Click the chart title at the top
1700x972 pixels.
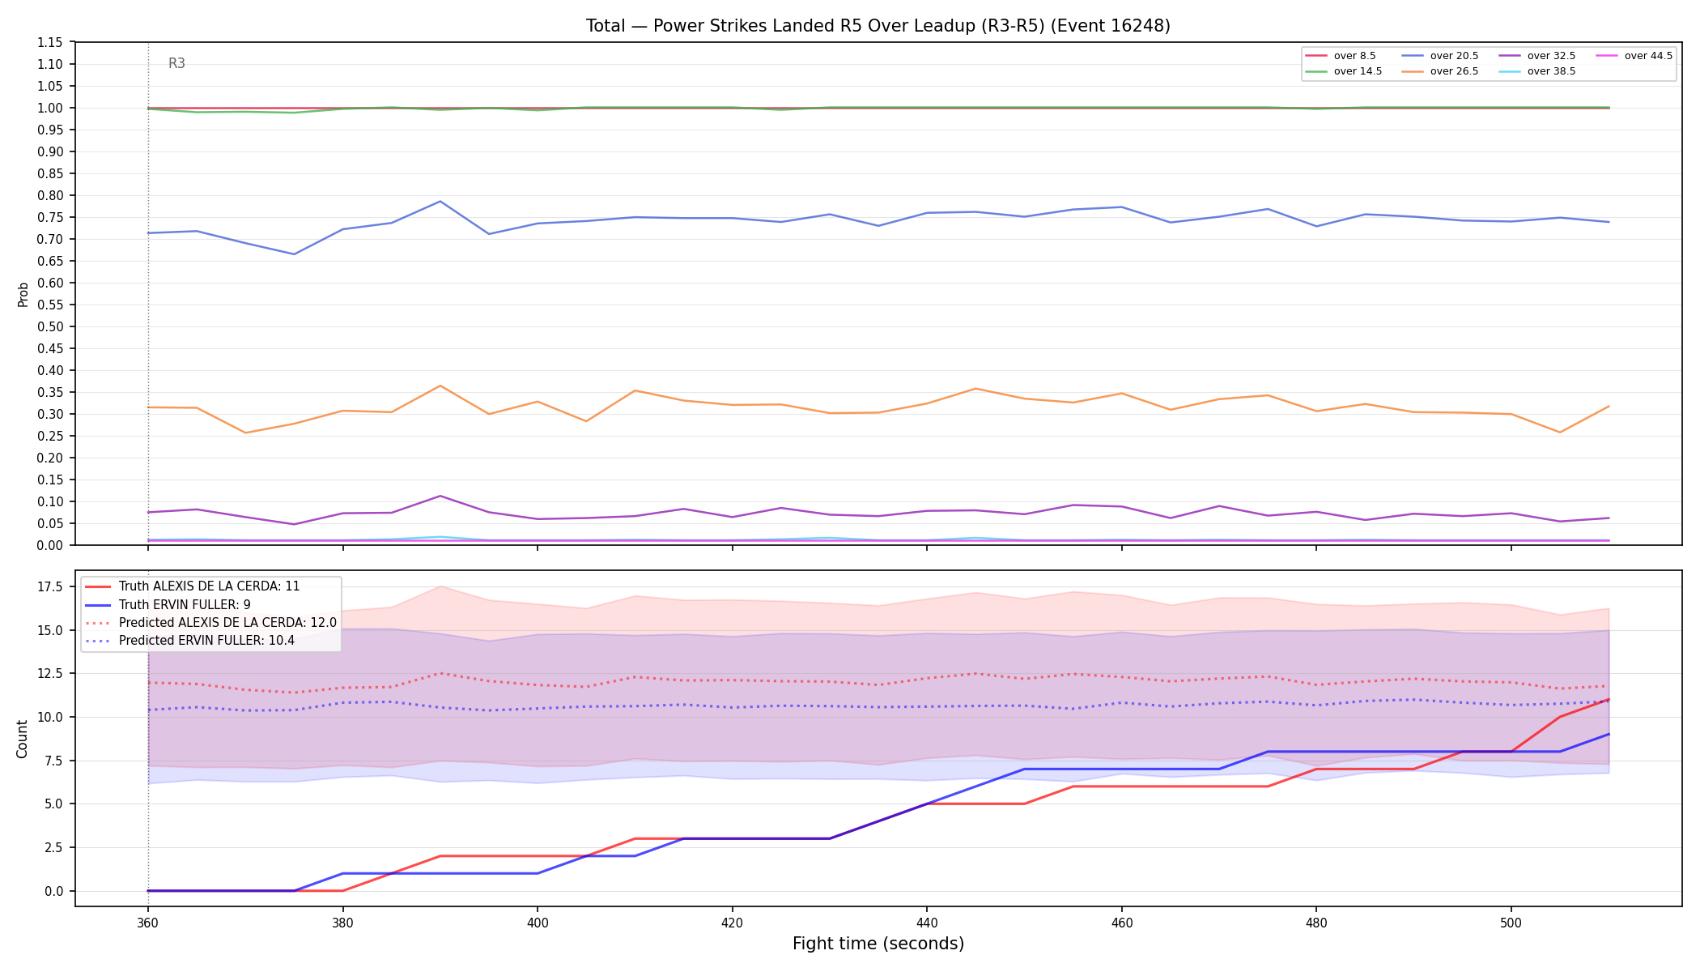878,26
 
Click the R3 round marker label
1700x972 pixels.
176,63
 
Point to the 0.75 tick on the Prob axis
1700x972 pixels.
50,217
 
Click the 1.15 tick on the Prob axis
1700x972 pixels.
50,42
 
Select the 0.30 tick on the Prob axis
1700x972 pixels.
50,414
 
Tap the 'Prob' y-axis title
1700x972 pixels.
23,294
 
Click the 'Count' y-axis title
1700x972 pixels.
23,739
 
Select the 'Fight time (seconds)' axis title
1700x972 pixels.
878,944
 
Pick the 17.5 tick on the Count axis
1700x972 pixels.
51,586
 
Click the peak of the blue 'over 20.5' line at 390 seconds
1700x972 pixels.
440,202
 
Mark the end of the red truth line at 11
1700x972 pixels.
1609,699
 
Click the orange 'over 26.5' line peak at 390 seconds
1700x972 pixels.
440,386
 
